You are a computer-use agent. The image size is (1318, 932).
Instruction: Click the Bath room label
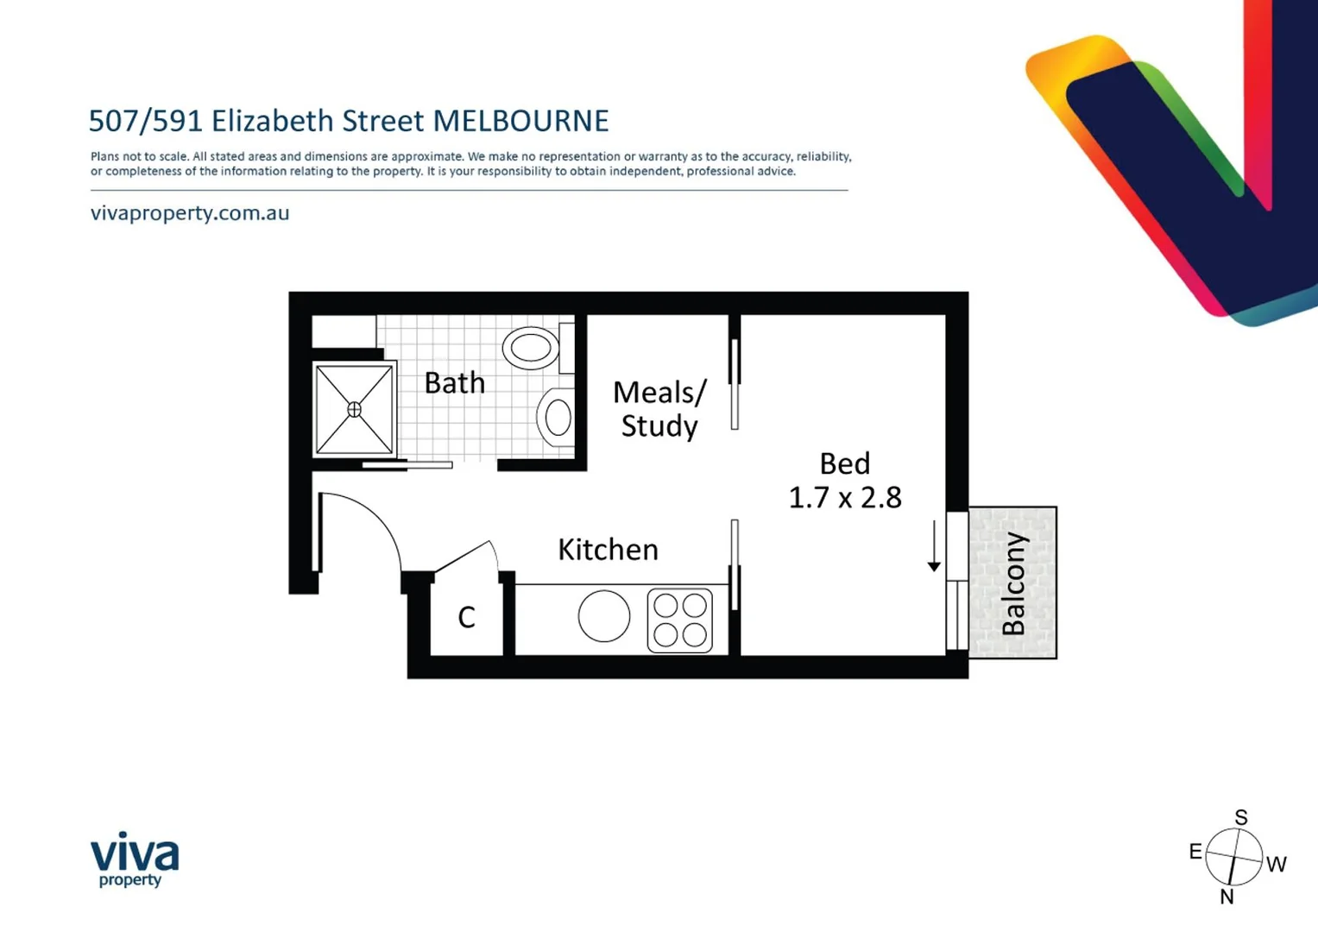point(454,382)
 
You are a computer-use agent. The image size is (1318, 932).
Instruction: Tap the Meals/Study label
point(659,408)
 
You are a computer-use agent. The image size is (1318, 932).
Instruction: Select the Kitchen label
point(608,549)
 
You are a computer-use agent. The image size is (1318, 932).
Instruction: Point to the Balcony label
point(1013,583)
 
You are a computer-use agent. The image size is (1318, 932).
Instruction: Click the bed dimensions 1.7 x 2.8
point(845,498)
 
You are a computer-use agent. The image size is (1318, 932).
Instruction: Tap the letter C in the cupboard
point(466,617)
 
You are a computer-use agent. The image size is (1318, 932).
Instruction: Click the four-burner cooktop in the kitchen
point(679,620)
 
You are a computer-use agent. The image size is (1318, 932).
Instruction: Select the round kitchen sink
point(603,616)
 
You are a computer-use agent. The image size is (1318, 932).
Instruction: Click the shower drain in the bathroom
point(354,409)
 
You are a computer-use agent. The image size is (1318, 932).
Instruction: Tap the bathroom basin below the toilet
point(556,418)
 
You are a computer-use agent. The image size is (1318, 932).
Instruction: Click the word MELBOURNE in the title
point(520,121)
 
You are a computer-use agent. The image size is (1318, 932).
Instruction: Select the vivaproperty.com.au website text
point(190,213)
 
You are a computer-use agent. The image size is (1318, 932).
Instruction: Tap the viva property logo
point(135,859)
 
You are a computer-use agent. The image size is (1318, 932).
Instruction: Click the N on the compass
point(1227,897)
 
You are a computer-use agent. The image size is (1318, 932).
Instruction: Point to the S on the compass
point(1241,817)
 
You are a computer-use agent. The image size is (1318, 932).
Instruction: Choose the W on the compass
point(1277,864)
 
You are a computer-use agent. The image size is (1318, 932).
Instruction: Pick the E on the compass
point(1195,853)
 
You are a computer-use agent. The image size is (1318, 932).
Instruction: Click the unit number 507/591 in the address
point(145,121)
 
